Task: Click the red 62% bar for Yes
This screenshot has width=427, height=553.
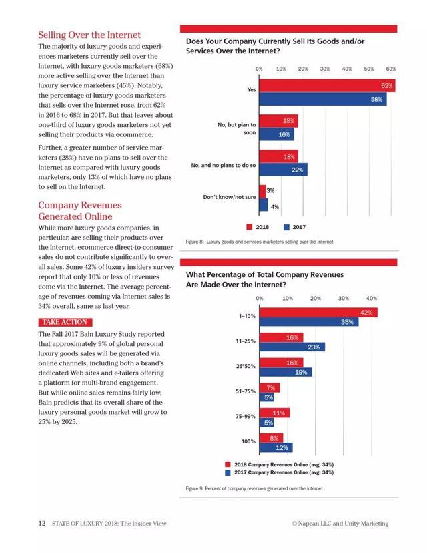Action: [x=326, y=86]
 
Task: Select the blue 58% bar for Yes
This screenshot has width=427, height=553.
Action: [x=322, y=99]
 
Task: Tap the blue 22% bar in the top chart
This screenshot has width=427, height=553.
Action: [x=283, y=170]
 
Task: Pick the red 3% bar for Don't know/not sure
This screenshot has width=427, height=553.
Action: [x=262, y=191]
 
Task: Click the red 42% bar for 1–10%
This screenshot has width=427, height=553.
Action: [x=318, y=313]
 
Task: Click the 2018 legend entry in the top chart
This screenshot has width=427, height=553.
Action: [x=260, y=227]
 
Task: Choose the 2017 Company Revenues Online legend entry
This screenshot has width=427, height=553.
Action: [x=280, y=472]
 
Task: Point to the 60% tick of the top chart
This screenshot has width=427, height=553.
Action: [x=391, y=69]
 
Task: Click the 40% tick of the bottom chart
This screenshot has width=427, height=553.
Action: [x=372, y=298]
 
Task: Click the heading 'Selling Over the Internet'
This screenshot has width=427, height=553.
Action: [x=89, y=35]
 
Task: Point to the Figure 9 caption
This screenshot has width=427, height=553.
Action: [x=254, y=489]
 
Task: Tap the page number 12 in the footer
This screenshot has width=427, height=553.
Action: [x=41, y=524]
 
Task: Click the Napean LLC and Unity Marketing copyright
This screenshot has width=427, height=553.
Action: [x=340, y=524]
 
